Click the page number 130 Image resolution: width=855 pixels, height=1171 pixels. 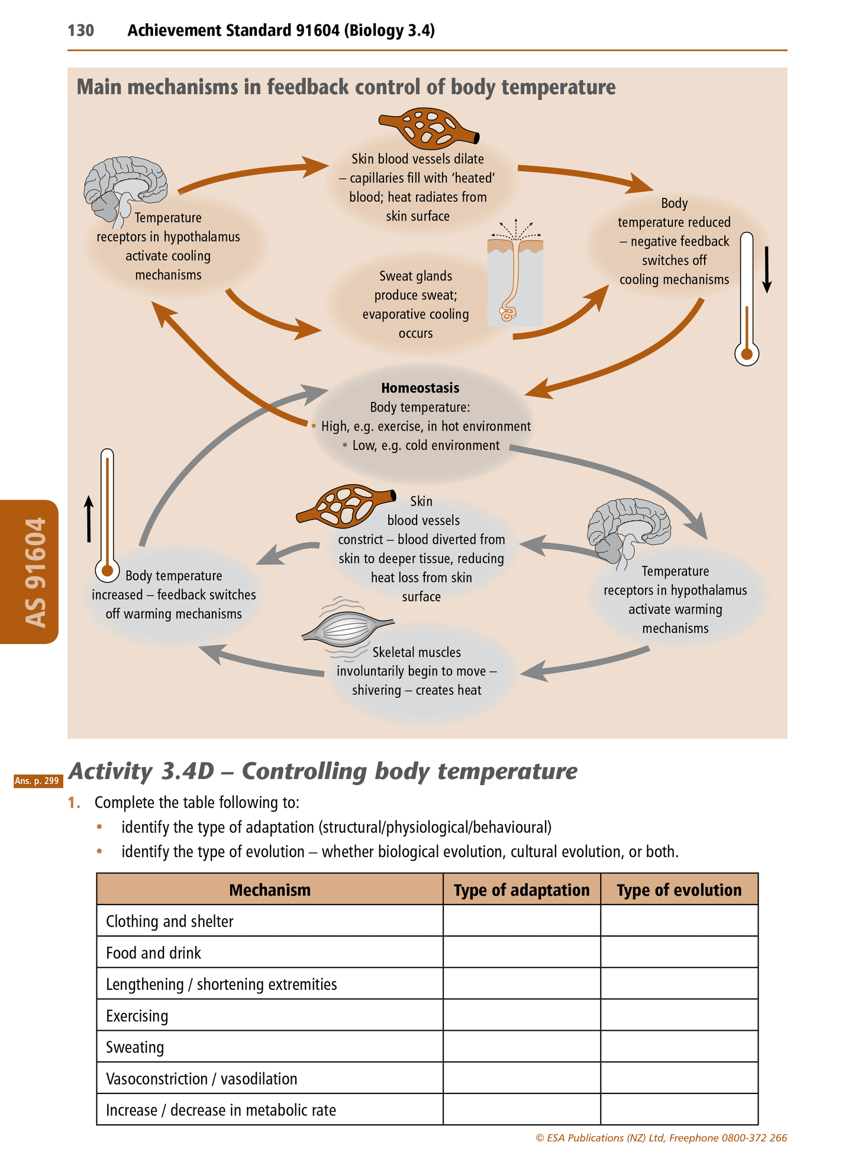click(80, 30)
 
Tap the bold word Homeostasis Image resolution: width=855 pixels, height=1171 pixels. click(420, 388)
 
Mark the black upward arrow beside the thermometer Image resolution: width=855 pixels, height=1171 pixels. click(89, 519)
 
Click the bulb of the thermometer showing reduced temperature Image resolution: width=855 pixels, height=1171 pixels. click(747, 354)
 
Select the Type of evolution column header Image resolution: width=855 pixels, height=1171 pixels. click(679, 890)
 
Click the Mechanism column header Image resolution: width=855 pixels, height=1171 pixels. click(270, 890)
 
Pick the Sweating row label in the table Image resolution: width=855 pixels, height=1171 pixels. click(135, 1047)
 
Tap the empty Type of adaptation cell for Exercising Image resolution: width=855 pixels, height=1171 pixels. click(521, 1016)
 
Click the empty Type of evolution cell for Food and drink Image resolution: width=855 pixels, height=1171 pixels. click(679, 953)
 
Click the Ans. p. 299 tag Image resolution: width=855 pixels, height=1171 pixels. click(37, 781)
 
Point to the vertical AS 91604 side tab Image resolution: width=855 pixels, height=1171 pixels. click(34, 572)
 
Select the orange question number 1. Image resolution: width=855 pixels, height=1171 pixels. click(73, 803)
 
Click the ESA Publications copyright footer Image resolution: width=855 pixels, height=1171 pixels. click(661, 1138)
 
